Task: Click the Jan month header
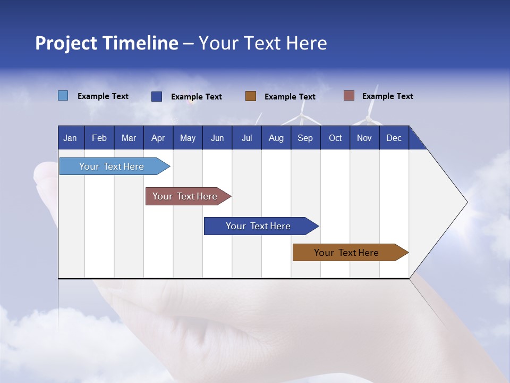[70, 138]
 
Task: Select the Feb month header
[99, 138]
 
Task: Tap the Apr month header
[158, 138]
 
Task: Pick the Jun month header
[217, 138]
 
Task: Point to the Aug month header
[276, 138]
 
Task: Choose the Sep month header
[305, 138]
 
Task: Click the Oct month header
[335, 138]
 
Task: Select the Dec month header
[394, 138]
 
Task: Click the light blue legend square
[63, 96]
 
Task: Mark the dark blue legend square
[157, 96]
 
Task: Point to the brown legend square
[251, 96]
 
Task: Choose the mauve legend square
[349, 96]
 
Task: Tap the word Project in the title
[66, 43]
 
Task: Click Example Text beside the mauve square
[387, 96]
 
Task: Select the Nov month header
[364, 138]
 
